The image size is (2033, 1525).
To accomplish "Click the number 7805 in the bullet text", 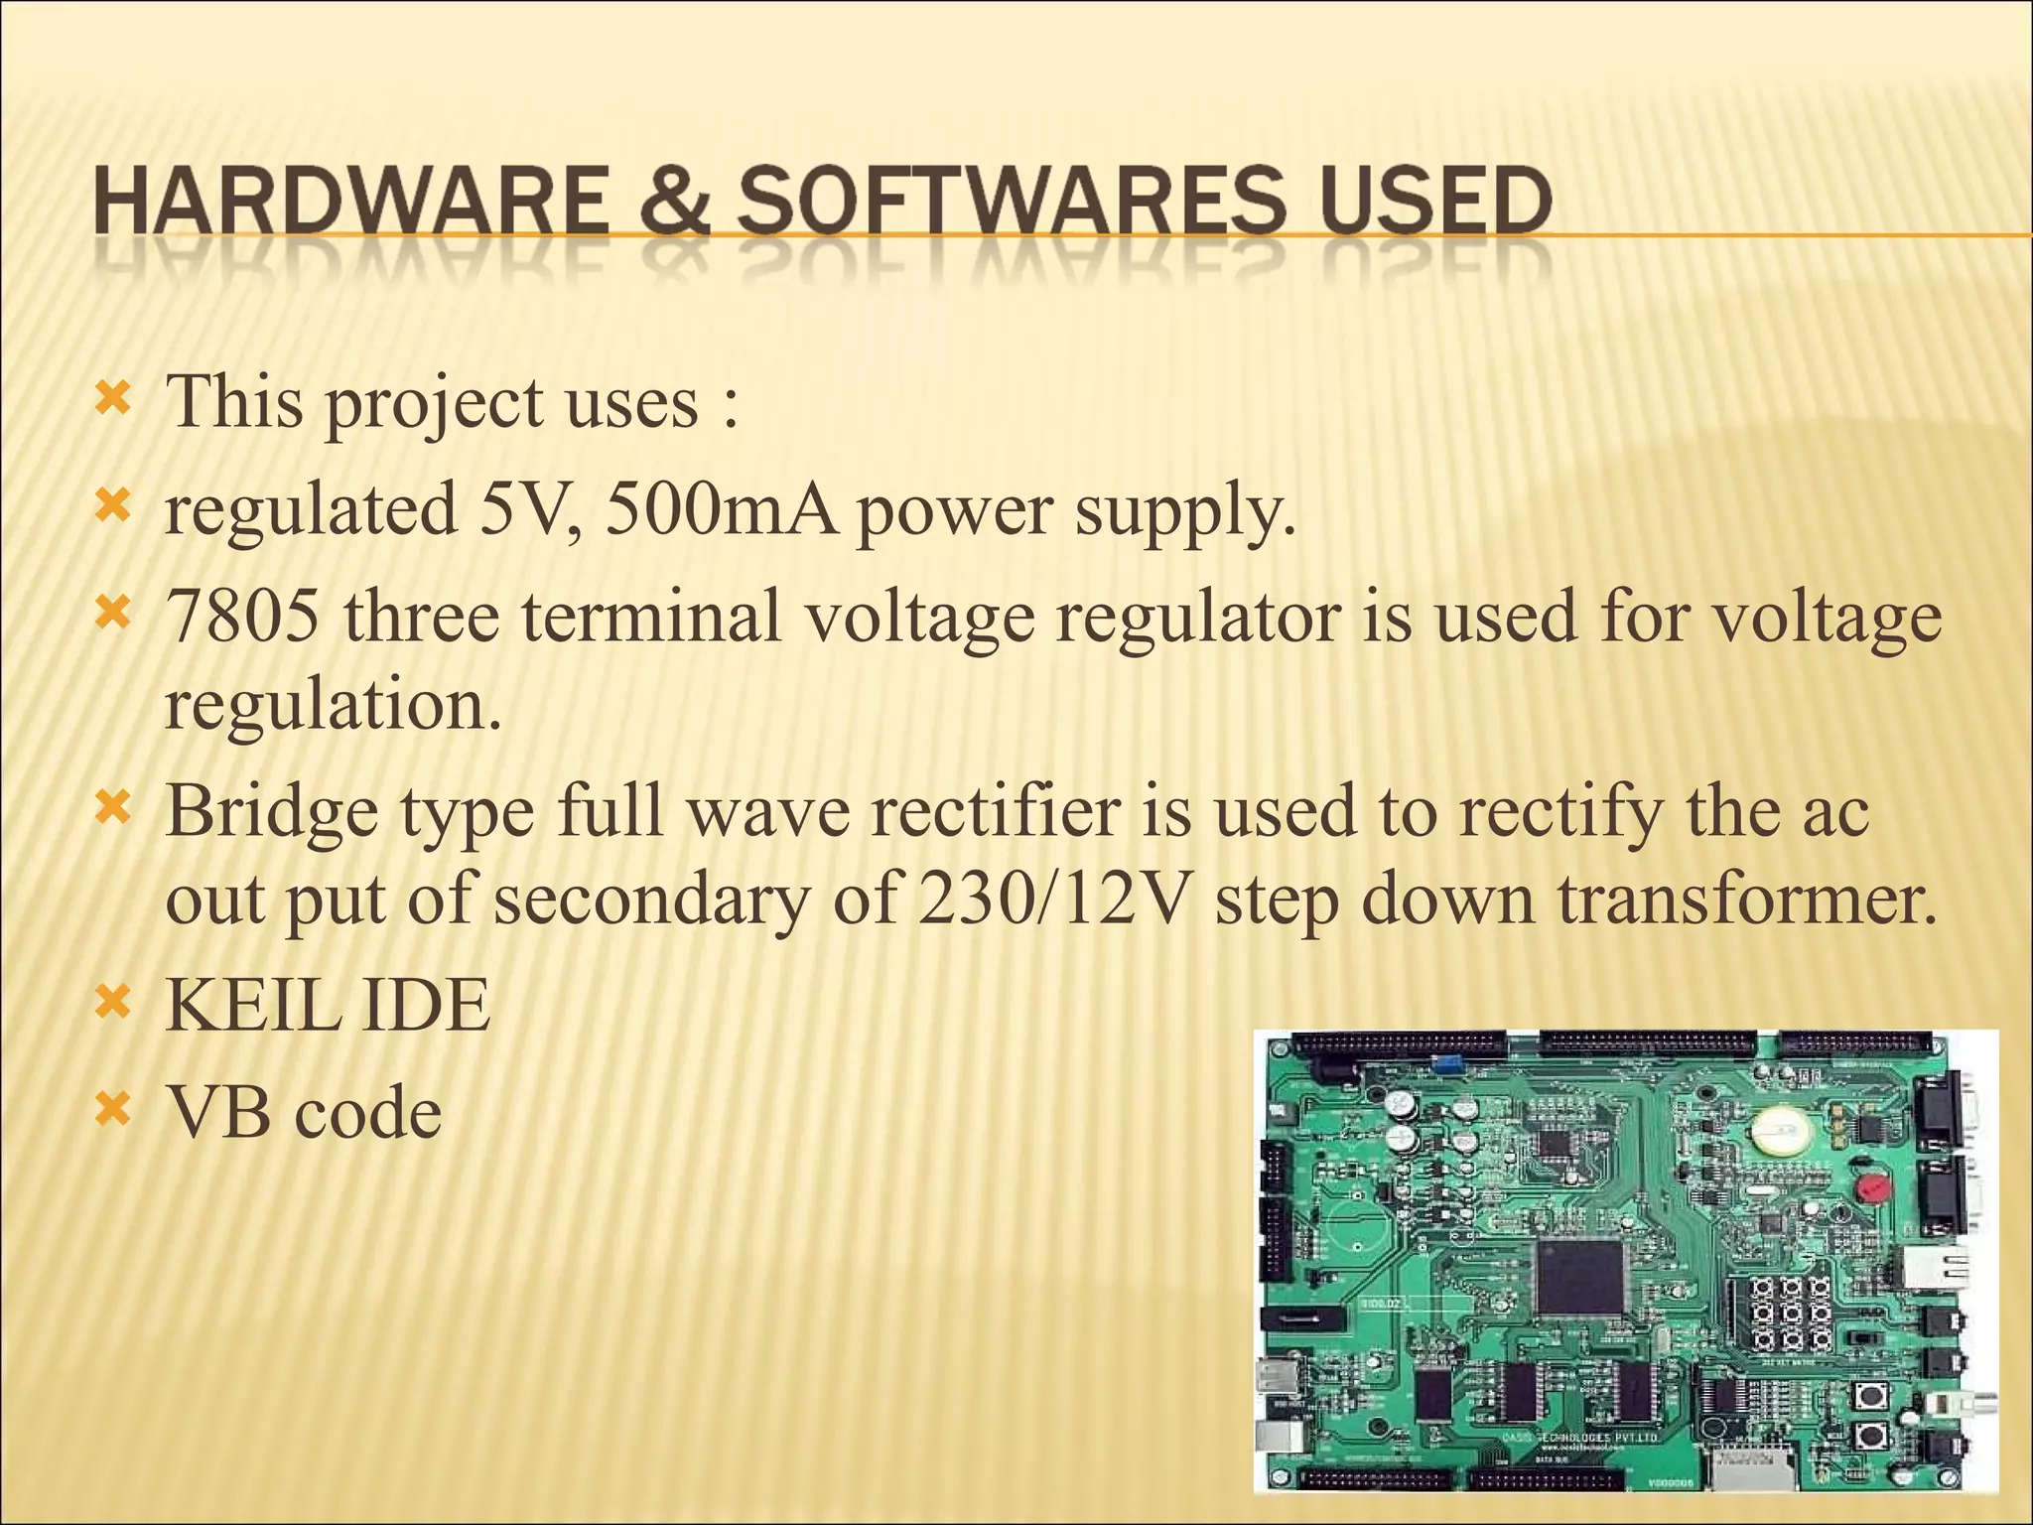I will tap(242, 616).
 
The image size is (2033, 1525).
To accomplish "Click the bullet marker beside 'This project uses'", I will tap(111, 401).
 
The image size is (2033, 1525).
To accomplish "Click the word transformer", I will tap(1747, 898).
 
